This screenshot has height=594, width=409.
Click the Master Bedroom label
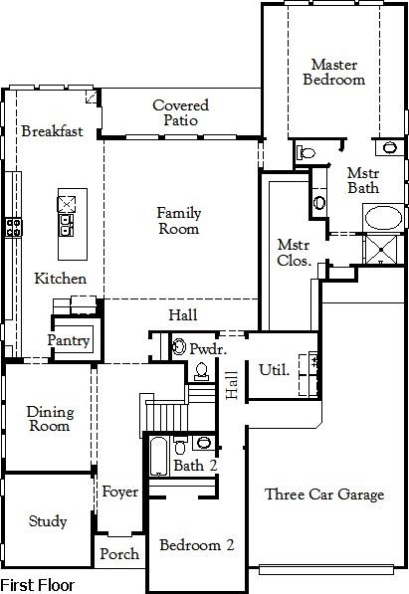pyautogui.click(x=334, y=72)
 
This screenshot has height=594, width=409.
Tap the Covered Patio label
pyautogui.click(x=181, y=112)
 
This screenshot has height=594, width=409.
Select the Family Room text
pyautogui.click(x=179, y=221)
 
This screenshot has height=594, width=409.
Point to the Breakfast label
pyautogui.click(x=52, y=131)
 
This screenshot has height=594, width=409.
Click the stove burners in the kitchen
pyautogui.click(x=14, y=227)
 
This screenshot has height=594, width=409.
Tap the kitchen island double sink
pyautogui.click(x=66, y=225)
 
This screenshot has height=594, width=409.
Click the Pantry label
pyautogui.click(x=69, y=340)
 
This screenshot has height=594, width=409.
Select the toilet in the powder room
pyautogui.click(x=201, y=371)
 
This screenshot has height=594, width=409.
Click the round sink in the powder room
pyautogui.click(x=179, y=346)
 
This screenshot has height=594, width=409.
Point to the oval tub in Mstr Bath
pyautogui.click(x=383, y=218)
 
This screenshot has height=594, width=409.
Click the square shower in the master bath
pyautogui.click(x=381, y=250)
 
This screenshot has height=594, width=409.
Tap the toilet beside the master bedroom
pyautogui.click(x=307, y=152)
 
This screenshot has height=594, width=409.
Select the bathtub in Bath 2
pyautogui.click(x=158, y=456)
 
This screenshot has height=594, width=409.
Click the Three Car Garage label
pyautogui.click(x=324, y=495)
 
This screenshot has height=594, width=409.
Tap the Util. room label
pyautogui.click(x=274, y=370)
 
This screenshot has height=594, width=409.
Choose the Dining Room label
pyautogui.click(x=50, y=419)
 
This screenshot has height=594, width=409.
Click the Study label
pyautogui.click(x=48, y=521)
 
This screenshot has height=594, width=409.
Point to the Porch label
pyautogui.click(x=119, y=554)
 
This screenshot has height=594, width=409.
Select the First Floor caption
pyautogui.click(x=38, y=585)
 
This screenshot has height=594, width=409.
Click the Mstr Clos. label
pyautogui.click(x=295, y=253)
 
